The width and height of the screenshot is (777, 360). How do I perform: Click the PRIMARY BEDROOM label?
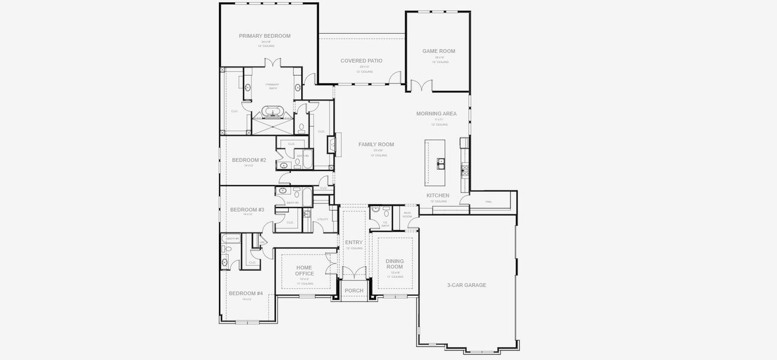[x=265, y=36]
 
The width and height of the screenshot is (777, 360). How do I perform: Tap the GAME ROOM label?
[x=439, y=51]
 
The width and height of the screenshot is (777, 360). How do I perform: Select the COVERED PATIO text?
[x=361, y=61]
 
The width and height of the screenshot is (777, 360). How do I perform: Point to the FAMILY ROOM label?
[x=376, y=145]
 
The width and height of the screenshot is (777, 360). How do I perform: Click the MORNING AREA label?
[x=436, y=113]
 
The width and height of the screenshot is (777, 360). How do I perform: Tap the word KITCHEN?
[x=437, y=196]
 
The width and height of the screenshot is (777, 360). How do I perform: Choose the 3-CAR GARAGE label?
[x=467, y=285]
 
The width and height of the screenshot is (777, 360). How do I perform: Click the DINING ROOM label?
[x=394, y=264]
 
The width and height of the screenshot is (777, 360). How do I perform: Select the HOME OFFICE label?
[x=305, y=270]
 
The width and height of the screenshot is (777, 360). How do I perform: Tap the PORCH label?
[x=354, y=291]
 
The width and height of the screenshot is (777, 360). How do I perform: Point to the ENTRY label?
[x=354, y=242]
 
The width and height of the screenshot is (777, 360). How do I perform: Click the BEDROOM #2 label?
[x=248, y=160]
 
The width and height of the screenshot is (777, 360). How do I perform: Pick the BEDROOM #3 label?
[x=247, y=209]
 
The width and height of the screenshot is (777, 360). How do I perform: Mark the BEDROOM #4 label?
[x=245, y=293]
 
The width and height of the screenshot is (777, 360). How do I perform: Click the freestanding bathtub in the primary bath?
[x=273, y=112]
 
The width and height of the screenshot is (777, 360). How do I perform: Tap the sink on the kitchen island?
[x=441, y=161]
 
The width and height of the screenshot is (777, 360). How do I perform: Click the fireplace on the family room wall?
[x=331, y=145]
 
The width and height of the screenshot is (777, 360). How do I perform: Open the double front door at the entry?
[x=354, y=273]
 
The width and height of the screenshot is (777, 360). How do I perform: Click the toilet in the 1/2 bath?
[x=386, y=212]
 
